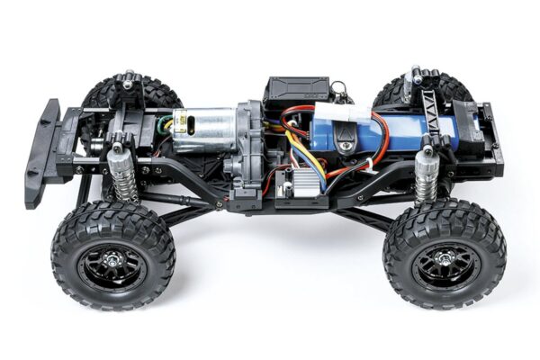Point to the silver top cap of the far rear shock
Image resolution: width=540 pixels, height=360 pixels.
(416, 71)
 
